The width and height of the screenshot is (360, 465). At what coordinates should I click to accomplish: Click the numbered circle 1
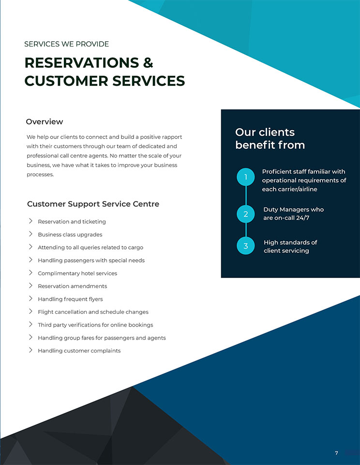(246, 177)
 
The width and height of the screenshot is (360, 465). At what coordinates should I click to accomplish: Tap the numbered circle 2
(246, 214)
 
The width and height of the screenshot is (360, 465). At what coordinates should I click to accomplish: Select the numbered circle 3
(246, 246)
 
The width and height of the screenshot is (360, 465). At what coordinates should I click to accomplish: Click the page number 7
(336, 453)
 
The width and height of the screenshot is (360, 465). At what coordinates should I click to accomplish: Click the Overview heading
(45, 122)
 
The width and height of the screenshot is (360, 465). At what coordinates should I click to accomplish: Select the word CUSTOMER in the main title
(66, 81)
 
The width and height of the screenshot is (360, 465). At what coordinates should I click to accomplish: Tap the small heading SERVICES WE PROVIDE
(67, 44)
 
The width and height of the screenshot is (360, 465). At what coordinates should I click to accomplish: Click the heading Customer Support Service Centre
(93, 204)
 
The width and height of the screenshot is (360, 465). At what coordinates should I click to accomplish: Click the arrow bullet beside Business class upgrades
(30, 234)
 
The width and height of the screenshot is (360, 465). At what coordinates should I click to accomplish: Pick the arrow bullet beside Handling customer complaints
(30, 350)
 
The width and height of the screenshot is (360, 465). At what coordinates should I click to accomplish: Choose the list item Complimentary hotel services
(77, 273)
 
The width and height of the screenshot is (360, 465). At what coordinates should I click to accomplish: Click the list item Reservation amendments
(72, 286)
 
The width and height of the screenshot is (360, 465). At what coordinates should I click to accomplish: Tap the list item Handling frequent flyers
(70, 299)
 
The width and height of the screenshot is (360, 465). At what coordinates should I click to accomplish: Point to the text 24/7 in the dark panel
(302, 217)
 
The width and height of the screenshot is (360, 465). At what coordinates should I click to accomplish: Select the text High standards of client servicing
(290, 247)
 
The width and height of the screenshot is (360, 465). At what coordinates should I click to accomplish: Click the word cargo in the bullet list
(135, 248)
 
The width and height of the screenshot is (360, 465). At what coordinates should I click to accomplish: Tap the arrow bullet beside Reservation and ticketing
(30, 221)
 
